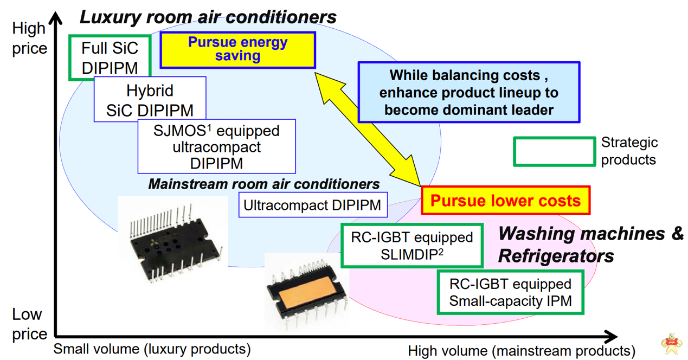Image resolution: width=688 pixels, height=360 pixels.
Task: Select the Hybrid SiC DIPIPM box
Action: point(150,100)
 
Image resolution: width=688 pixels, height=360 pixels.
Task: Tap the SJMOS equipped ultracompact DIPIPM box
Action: point(216,146)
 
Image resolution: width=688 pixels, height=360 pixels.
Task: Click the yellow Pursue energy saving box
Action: point(237,49)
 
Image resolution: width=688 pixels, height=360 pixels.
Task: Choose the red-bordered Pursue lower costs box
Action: point(505,201)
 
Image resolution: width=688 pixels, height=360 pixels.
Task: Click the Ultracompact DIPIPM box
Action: point(313,205)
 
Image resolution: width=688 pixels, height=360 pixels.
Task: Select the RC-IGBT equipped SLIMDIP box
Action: point(411,246)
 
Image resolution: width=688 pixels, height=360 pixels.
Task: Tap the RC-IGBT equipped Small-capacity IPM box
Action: point(510,292)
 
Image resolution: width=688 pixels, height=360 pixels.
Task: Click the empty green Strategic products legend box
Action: point(554,151)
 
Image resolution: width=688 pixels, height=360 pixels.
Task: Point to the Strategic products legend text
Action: point(629,151)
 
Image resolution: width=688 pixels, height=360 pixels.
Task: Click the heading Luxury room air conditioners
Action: point(208,17)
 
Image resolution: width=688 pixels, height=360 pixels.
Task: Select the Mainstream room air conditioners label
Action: point(264,184)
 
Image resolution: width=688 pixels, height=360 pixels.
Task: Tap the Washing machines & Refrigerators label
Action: point(590,244)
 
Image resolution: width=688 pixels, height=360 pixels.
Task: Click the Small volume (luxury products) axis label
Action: point(152,348)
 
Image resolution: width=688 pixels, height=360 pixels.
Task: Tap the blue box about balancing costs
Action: point(468,92)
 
